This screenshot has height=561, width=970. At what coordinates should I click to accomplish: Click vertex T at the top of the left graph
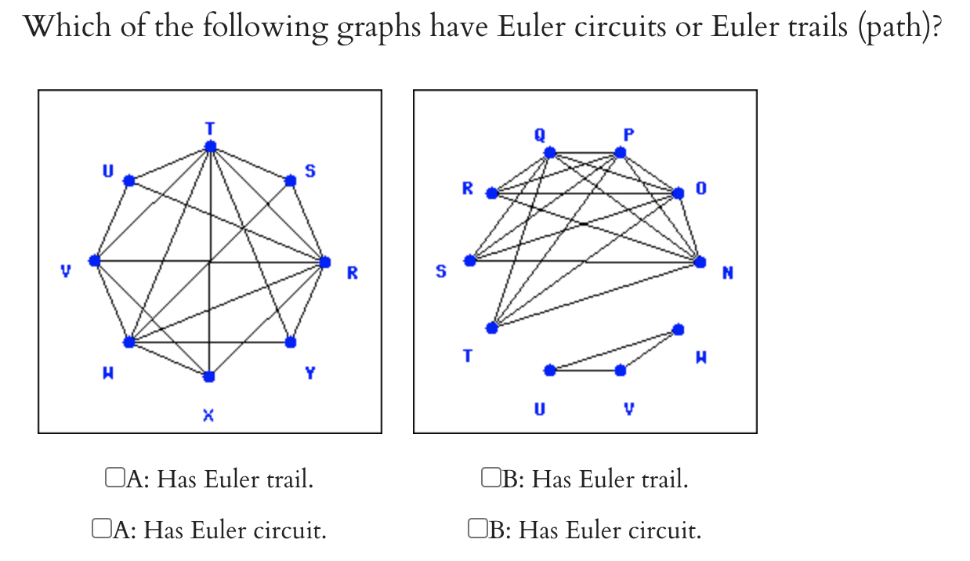pos(209,147)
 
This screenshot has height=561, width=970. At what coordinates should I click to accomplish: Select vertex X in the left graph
pos(208,377)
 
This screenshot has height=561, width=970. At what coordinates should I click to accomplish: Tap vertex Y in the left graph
pos(291,342)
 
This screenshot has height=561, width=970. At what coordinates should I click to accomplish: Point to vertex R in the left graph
pos(324,262)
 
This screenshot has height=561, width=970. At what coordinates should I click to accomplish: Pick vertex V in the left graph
pos(95,260)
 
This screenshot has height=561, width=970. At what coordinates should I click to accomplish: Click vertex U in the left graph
pos(129,180)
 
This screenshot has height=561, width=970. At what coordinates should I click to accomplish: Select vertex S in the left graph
pos(290,180)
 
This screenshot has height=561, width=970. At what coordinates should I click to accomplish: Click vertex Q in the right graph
pos(550,153)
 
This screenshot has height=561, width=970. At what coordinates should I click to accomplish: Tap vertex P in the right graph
pos(621,153)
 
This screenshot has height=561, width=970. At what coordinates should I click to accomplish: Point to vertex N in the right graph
pos(700,262)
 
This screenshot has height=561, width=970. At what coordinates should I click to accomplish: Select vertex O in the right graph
pos(677,193)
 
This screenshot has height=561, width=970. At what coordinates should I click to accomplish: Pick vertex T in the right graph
pos(492,328)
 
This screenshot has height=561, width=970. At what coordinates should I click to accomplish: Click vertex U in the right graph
pos(550,370)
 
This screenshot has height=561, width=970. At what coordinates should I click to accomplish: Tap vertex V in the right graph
pos(621,370)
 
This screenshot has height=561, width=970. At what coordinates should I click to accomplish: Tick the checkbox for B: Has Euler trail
pos(490,477)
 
